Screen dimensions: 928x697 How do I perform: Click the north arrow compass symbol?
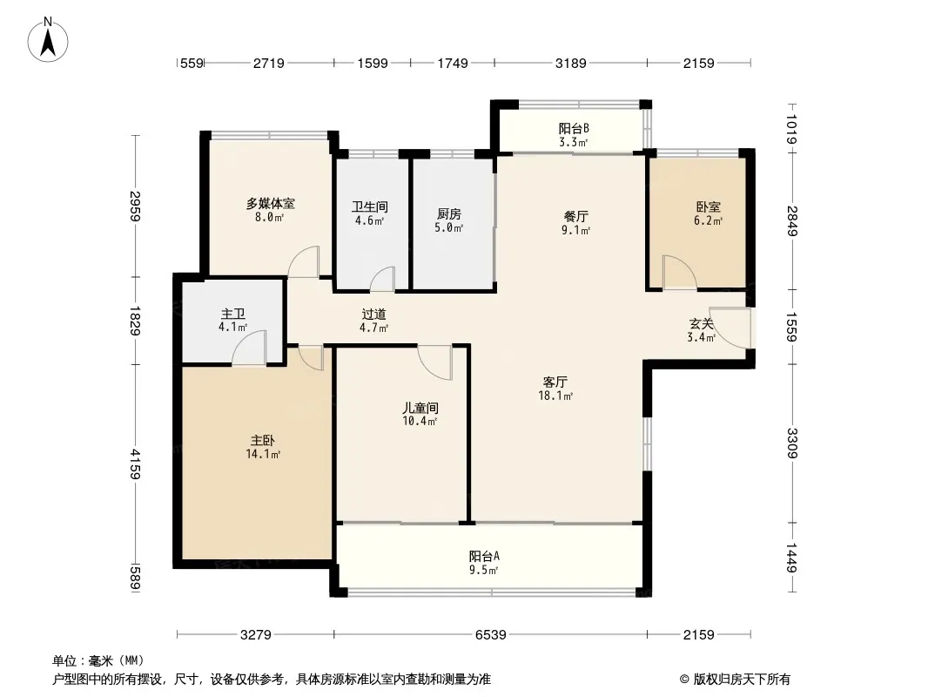[48, 40]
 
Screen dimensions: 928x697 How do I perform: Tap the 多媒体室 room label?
[271, 204]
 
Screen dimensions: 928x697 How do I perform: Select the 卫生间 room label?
[370, 206]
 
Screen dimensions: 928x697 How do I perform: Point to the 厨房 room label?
[449, 213]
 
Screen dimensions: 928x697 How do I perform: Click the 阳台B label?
[574, 128]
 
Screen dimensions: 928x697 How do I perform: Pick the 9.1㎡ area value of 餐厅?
[575, 230]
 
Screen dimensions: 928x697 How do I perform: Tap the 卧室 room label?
[709, 207]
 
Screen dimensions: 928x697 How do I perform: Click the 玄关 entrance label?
[702, 324]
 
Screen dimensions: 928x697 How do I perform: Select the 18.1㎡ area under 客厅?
[555, 396]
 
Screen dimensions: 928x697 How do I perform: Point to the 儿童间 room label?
[420, 408]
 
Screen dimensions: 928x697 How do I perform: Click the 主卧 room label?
[263, 441]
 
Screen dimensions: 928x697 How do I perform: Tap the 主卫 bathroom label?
[233, 314]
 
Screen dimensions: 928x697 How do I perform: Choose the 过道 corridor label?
[374, 314]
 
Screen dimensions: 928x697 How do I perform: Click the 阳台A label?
[484, 556]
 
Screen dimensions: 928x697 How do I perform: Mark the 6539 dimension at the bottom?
[491, 635]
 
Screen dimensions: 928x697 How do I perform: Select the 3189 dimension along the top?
[570, 63]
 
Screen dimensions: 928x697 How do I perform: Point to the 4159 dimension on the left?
[136, 464]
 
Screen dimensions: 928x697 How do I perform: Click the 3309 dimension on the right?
[792, 443]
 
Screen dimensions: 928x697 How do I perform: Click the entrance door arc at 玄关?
[730, 328]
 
